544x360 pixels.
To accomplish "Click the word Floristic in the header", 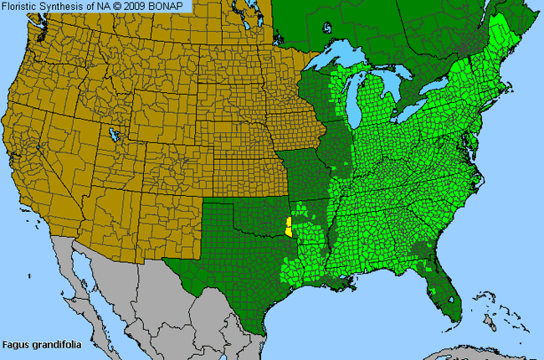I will coord(23,6).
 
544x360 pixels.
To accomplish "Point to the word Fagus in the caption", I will coord(17,344).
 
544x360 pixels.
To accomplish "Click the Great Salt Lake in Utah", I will coord(111,133).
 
